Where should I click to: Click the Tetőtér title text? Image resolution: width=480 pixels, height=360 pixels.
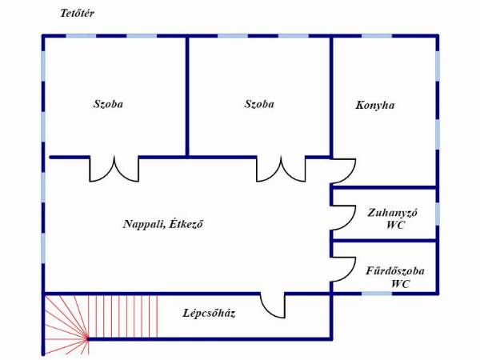pyautogui.click(x=77, y=14)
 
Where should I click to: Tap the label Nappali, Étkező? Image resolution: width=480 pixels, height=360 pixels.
pyautogui.click(x=163, y=224)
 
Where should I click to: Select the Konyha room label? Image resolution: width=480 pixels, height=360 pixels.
pyautogui.click(x=375, y=106)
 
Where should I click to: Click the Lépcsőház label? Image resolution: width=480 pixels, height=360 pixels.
pyautogui.click(x=209, y=314)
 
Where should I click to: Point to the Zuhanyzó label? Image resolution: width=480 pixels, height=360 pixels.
pyautogui.click(x=392, y=213)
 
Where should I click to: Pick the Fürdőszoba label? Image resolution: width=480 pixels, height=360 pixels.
pyautogui.click(x=395, y=271)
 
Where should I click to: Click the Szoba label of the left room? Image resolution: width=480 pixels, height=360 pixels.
pyautogui.click(x=108, y=104)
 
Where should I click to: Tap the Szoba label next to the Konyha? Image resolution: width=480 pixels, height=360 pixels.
pyautogui.click(x=259, y=104)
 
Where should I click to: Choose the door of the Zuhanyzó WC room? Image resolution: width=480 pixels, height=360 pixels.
pyautogui.click(x=351, y=222)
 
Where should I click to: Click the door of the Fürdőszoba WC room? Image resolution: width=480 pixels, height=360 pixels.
pyautogui.click(x=351, y=274)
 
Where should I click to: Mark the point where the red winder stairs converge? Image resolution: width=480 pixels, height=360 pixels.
pyautogui.click(x=87, y=338)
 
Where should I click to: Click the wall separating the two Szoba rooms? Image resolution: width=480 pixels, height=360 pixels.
pyautogui.click(x=187, y=97)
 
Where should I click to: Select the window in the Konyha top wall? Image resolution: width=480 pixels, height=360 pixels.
pyautogui.click(x=377, y=36)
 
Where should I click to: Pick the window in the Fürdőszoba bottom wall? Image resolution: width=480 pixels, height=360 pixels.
pyautogui.click(x=377, y=294)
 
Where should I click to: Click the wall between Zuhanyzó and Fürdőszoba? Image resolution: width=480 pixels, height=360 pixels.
pyautogui.click(x=384, y=241)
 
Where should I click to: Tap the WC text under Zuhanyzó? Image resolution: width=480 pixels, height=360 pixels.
pyautogui.click(x=395, y=225)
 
